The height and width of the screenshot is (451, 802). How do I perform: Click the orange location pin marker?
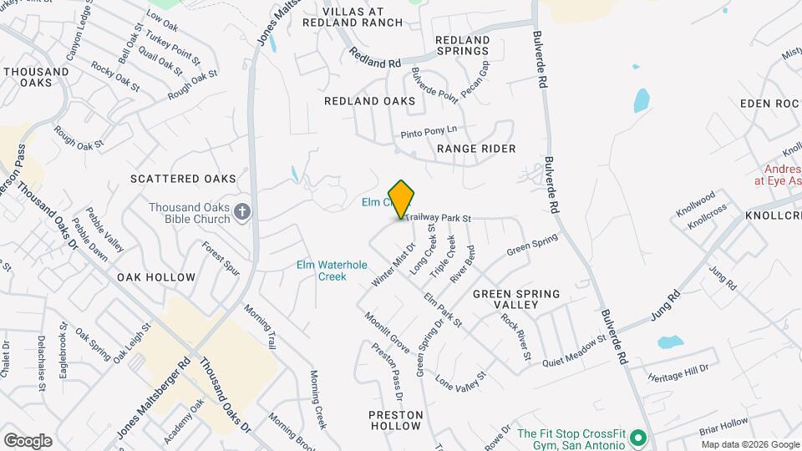pos(402,199)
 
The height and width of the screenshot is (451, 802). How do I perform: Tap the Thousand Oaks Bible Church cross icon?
pos(242,211)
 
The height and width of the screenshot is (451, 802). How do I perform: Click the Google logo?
pos(28,440)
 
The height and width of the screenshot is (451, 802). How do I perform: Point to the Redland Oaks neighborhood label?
pos(369,101)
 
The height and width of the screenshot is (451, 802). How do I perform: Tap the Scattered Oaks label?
pos(183,179)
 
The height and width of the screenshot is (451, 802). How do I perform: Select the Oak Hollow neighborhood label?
pos(156,277)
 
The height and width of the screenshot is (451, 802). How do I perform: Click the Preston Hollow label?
pos(396,420)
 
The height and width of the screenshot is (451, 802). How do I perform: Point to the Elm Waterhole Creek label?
pos(332,271)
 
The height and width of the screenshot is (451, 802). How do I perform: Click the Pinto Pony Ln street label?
pos(429,131)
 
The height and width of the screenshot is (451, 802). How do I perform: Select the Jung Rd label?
pos(662,316)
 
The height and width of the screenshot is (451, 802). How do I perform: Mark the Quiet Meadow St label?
pos(573,351)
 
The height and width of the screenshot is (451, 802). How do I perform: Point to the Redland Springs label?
pos(462,45)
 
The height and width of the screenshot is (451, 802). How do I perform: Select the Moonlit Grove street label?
pos(386,332)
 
